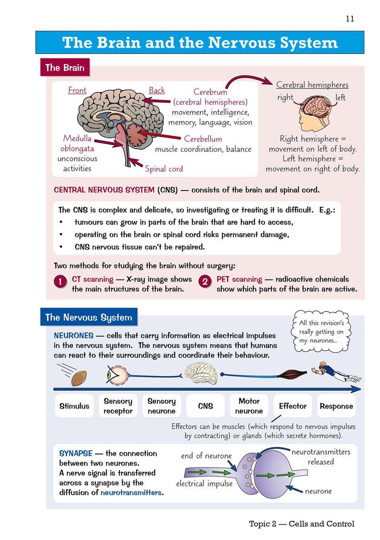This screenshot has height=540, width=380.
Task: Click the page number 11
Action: (x=350, y=19)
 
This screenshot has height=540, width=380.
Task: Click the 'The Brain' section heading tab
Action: (x=65, y=67)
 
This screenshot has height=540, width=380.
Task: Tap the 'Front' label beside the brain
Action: (x=77, y=90)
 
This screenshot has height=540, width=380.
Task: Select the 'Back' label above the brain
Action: (x=157, y=90)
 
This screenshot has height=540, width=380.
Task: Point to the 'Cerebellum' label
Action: (x=203, y=139)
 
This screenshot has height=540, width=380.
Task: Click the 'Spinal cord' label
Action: (x=164, y=168)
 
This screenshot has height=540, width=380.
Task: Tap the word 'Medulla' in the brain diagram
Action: (x=77, y=138)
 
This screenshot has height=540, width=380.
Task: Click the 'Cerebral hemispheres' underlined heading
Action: (x=312, y=85)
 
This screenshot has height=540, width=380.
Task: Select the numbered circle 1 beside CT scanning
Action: (x=60, y=282)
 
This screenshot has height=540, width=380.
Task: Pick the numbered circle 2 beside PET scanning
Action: (x=205, y=282)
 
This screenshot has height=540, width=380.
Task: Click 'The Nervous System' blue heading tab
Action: (x=89, y=317)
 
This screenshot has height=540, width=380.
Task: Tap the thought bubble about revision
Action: (x=321, y=332)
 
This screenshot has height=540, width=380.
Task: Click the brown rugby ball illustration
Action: (x=79, y=378)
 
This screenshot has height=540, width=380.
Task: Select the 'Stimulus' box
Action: (x=75, y=406)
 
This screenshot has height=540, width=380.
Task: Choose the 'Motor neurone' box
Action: (x=249, y=406)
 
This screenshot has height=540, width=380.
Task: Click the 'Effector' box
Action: (x=293, y=406)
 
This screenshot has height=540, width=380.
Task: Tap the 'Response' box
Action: (x=336, y=406)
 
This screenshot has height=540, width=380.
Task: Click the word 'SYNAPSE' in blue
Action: (x=76, y=453)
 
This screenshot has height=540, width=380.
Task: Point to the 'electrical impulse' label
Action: (x=204, y=484)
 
